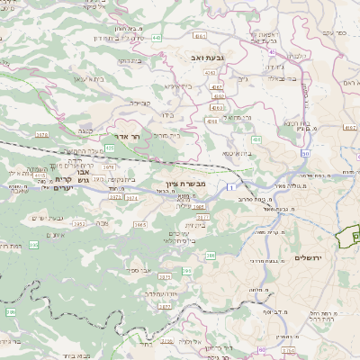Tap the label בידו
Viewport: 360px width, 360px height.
(x=165, y=115)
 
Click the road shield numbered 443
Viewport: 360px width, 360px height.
(x=157, y=38)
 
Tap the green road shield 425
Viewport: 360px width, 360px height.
(x=109, y=147)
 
